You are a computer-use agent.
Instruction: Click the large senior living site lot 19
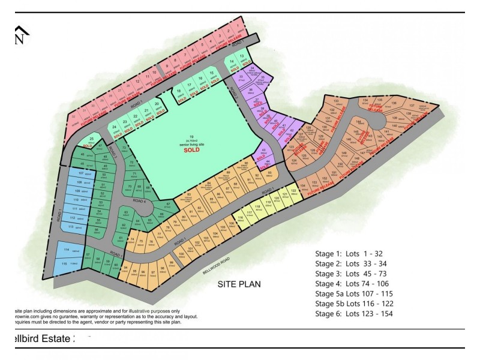[x=191, y=140]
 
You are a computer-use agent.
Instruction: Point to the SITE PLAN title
[x=239, y=284]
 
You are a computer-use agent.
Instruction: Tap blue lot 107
[x=72, y=175]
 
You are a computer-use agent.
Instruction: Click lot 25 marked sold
[x=91, y=142]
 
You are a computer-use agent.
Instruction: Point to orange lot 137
[x=411, y=103]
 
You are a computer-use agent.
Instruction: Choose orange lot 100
[x=182, y=254]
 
